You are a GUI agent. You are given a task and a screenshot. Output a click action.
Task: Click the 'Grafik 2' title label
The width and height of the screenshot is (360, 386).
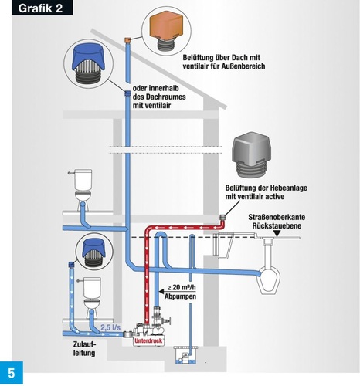pyautogui.click(x=40, y=8)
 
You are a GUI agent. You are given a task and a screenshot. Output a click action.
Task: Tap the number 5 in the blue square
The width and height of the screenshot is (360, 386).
pyautogui.click(x=12, y=373)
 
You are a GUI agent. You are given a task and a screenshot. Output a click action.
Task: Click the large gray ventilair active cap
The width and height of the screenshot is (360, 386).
pyautogui.click(x=251, y=155)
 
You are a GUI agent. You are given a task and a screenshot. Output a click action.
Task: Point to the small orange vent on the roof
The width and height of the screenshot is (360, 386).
pyautogui.click(x=127, y=40)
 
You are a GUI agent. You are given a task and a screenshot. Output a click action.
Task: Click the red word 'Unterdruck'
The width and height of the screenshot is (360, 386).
pyautogui.click(x=148, y=340)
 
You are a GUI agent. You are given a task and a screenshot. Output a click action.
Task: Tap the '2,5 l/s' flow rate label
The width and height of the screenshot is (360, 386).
pyautogui.click(x=110, y=327)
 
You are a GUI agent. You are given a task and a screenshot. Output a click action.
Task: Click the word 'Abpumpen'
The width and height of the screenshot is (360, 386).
pyautogui.click(x=180, y=296)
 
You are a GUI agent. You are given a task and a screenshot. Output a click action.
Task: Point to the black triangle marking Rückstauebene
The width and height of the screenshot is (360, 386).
pyautogui.click(x=277, y=233)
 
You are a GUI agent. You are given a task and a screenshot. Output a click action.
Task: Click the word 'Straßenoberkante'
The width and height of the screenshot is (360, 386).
pyautogui.click(x=277, y=217)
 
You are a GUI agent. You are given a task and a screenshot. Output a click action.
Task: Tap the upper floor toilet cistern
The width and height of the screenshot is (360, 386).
pyautogui.click(x=83, y=179)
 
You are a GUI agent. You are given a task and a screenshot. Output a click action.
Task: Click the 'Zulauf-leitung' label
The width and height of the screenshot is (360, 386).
pyautogui.click(x=84, y=348)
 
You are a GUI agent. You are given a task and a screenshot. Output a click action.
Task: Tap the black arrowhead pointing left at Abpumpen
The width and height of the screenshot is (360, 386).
pyautogui.click(x=161, y=292)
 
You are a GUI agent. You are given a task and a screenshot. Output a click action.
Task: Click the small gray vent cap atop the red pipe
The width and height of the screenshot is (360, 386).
pyautogui.click(x=223, y=217)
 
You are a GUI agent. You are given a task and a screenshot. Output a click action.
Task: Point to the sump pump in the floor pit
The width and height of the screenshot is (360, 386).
pyautogui.click(x=185, y=357)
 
